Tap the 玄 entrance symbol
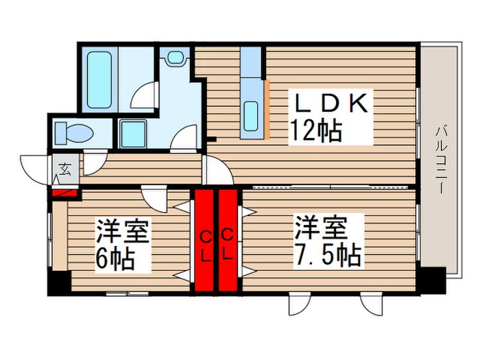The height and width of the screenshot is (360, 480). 64,168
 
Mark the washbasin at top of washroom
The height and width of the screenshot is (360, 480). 176,58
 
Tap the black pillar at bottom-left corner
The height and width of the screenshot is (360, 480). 59,283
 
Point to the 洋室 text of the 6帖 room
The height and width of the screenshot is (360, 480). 121,230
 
